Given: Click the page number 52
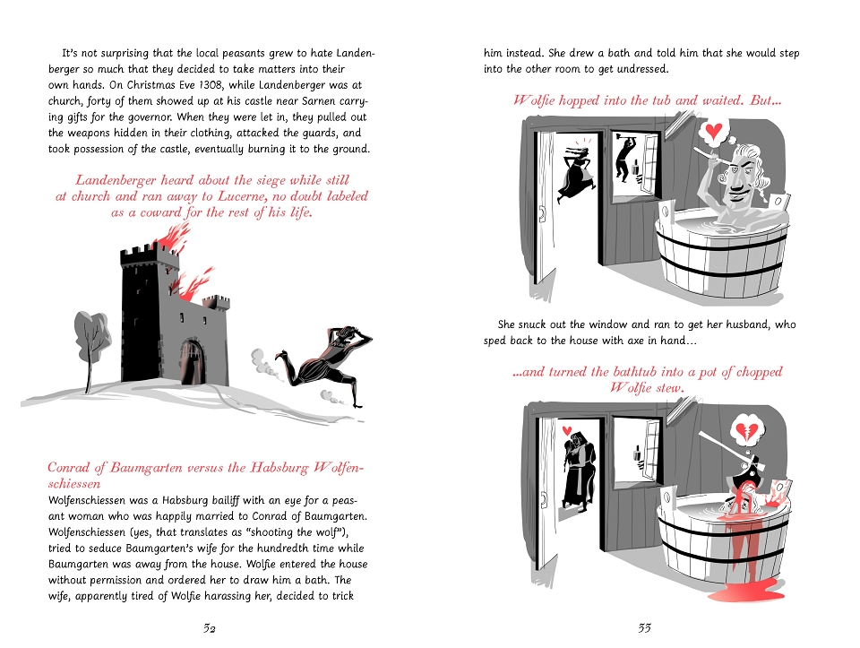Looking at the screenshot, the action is click(209, 628).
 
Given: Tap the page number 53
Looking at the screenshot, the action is click(644, 628).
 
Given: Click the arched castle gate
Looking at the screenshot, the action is click(192, 361).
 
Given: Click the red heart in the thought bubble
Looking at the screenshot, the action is click(714, 131).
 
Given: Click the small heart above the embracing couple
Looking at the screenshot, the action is click(568, 429).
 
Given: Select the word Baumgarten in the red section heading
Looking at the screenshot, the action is click(146, 468).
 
